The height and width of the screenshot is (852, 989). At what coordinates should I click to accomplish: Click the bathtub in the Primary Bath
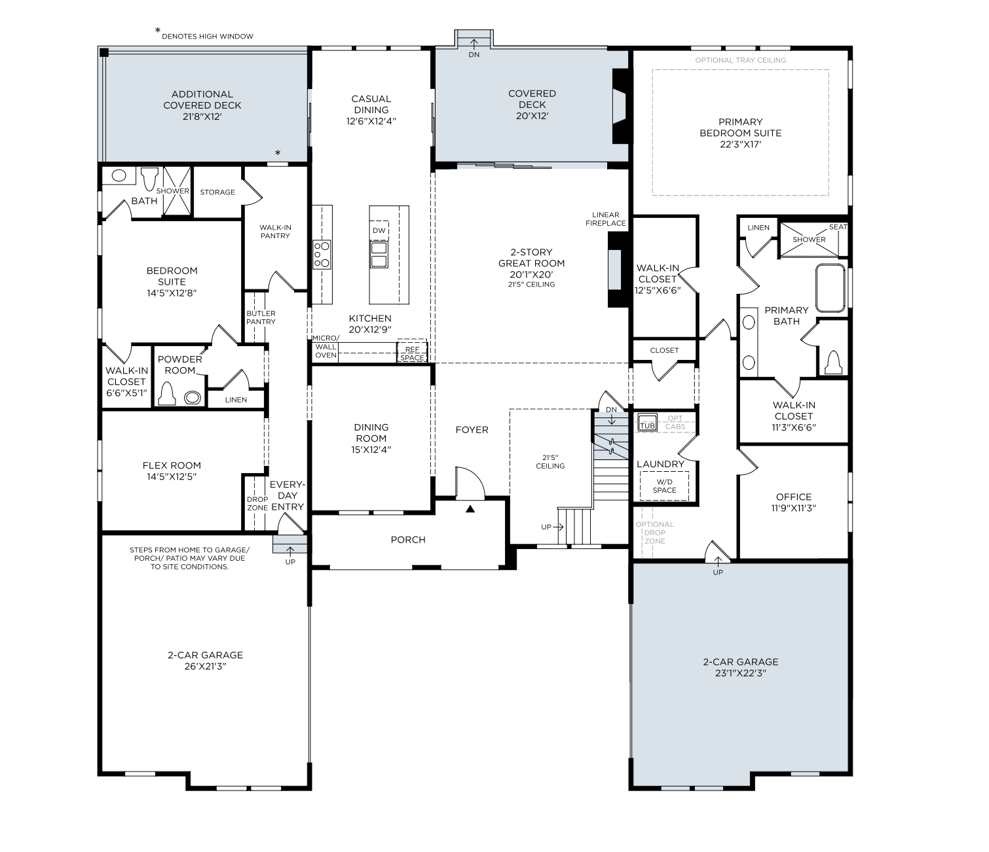(x=830, y=289)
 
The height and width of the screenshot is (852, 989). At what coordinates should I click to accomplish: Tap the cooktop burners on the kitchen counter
(x=322, y=255)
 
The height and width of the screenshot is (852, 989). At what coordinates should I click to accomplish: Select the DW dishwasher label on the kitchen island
(x=379, y=230)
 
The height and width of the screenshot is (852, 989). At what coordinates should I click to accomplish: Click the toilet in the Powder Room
(x=167, y=393)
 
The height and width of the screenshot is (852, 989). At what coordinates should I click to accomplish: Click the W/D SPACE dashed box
(x=665, y=486)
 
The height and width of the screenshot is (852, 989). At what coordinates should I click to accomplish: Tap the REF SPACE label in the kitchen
(x=412, y=354)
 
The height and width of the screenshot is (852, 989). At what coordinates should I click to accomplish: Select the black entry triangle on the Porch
(x=470, y=509)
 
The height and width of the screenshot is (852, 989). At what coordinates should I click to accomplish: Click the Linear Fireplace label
(x=606, y=219)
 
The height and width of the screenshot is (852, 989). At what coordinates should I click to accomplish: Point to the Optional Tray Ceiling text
(x=741, y=60)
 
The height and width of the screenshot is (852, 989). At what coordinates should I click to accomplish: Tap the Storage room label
(x=217, y=192)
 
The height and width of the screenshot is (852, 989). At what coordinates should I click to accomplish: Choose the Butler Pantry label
(x=261, y=317)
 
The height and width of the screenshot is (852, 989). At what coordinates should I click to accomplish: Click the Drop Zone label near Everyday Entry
(x=257, y=503)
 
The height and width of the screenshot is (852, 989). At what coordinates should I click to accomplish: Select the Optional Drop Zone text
(x=654, y=533)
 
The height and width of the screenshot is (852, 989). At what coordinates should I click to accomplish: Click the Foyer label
(x=472, y=430)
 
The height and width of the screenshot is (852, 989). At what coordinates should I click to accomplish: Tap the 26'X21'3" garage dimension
(x=205, y=667)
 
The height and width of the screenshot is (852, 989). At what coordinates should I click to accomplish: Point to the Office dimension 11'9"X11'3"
(x=794, y=508)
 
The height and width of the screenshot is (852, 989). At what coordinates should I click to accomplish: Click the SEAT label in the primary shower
(x=838, y=227)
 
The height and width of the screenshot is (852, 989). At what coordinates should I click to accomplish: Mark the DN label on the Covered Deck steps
(x=474, y=55)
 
